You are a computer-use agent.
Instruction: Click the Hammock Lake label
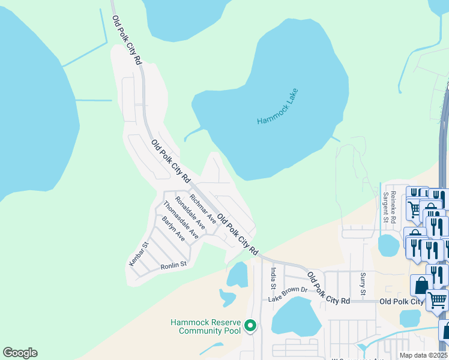pos(277,107)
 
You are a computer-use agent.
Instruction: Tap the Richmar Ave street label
pos(202,204)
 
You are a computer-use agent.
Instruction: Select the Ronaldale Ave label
pos(190,213)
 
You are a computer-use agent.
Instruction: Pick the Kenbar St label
pos(138,254)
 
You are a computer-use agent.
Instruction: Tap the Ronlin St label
pos(174,263)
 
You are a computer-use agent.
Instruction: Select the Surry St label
pos(363,284)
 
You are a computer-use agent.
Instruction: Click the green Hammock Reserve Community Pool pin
pos(251,326)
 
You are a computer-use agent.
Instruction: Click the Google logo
pos(20,353)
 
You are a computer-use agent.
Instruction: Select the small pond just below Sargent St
pos(388,245)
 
